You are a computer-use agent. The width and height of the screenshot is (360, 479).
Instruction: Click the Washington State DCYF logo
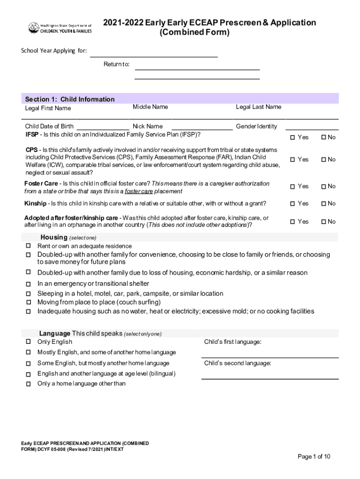coord(60,28)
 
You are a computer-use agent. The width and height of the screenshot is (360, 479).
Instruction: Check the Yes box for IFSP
coord(293,138)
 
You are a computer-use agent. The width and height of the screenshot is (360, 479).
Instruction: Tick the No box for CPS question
coord(323,160)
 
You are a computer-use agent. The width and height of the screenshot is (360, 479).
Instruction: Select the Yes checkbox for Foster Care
coord(293,187)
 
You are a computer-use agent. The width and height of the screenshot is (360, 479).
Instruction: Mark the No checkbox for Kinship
coord(323,203)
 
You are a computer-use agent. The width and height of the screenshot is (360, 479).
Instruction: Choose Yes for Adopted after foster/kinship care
coord(293,222)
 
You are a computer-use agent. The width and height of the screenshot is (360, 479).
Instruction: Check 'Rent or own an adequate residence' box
coord(28,246)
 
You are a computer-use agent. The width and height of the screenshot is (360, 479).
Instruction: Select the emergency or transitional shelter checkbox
coord(28,284)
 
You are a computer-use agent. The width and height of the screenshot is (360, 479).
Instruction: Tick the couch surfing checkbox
coord(28,302)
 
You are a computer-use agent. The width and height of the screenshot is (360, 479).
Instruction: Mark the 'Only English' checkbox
coord(28,341)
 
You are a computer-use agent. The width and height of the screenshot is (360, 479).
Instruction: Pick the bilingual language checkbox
coord(28,374)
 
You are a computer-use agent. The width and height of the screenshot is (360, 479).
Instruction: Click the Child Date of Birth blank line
coord(103,128)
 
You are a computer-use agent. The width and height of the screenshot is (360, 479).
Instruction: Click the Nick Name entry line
coord(202,128)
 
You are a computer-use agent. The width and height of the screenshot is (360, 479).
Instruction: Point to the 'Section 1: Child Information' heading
coord(70,99)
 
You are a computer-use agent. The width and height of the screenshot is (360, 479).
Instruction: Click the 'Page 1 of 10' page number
coord(314,457)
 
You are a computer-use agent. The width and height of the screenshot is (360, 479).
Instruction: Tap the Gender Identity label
coord(256,126)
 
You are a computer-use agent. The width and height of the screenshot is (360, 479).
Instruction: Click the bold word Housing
coord(54,237)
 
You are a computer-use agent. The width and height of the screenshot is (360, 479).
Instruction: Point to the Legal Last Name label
coord(259,107)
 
